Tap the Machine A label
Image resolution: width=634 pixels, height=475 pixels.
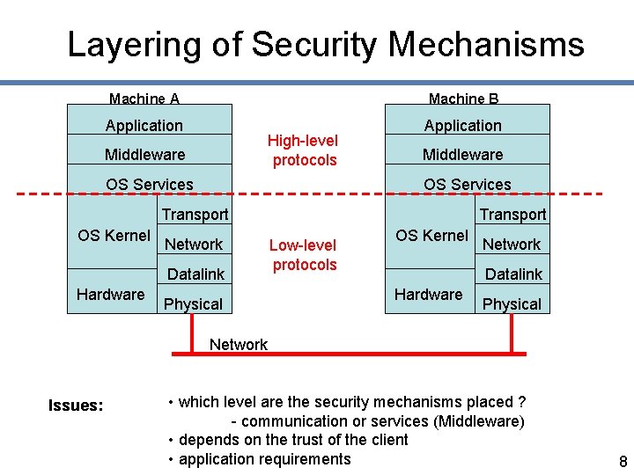[x=144, y=99]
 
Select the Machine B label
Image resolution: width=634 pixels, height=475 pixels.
[x=463, y=99]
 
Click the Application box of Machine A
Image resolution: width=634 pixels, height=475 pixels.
[x=144, y=126]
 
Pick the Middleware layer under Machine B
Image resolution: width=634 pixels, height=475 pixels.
[x=463, y=155]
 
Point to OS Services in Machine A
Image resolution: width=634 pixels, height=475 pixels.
[x=150, y=185]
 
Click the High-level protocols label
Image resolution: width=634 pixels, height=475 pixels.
[x=304, y=150]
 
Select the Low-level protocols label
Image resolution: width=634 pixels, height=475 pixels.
[x=304, y=255]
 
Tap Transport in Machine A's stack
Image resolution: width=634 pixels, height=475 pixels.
[x=195, y=214]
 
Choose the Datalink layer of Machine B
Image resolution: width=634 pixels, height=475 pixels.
[x=514, y=274]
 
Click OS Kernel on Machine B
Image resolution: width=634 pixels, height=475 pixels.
[x=431, y=235]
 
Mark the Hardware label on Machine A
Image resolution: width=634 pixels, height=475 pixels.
[x=111, y=294]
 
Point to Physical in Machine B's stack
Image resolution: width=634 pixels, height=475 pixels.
[x=512, y=304]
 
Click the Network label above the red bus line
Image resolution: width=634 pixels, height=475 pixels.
[x=239, y=344]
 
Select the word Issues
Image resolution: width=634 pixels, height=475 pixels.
[x=76, y=406]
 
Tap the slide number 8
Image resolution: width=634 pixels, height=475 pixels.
[x=623, y=463]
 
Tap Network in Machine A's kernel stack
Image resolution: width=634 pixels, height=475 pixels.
[x=195, y=244]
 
